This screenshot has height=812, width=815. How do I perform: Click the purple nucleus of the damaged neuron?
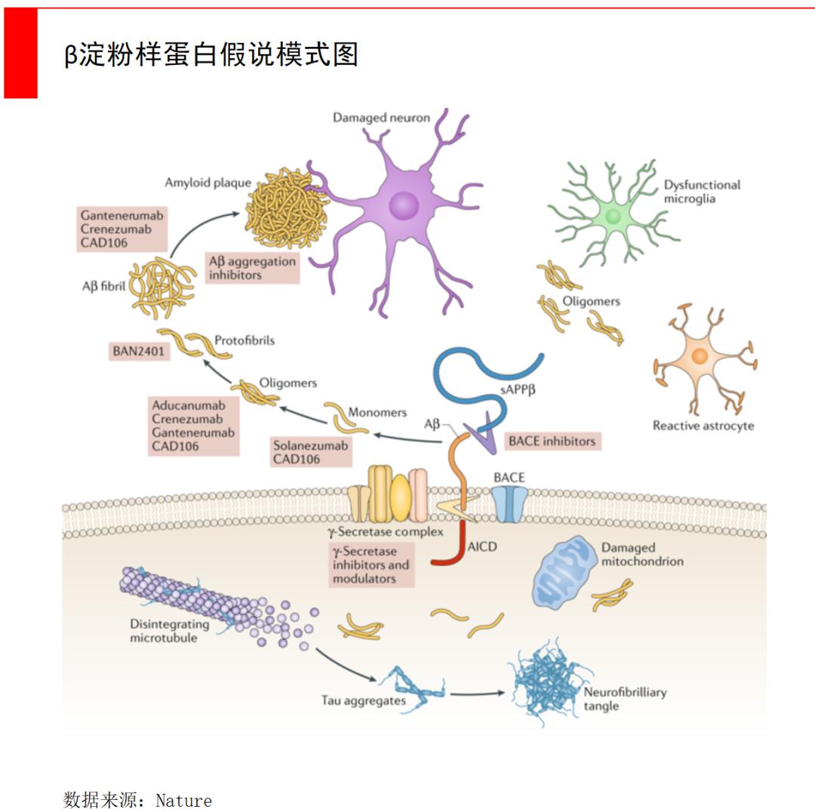404,205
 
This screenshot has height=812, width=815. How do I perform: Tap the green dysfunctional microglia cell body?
614,215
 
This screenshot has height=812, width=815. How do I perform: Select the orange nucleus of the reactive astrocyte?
700,356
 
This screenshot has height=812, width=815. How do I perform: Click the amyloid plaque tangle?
287,208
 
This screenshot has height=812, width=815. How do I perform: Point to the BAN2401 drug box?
138,352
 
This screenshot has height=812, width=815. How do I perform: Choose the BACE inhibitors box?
552,441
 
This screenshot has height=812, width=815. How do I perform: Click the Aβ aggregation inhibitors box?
252,268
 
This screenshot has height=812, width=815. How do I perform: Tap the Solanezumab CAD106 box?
311,452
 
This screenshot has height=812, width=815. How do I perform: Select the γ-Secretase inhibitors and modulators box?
371,564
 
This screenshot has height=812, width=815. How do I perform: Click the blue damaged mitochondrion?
564,573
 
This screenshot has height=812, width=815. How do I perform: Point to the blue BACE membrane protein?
509,503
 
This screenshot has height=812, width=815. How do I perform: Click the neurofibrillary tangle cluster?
549,681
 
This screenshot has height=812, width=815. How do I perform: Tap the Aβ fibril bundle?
163,288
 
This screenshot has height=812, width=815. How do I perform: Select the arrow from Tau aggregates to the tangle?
477,694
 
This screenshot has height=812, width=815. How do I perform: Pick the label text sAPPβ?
518,390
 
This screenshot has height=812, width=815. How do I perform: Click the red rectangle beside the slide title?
21,53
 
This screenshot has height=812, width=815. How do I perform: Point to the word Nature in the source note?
184,800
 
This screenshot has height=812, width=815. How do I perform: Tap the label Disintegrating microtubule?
170,631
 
